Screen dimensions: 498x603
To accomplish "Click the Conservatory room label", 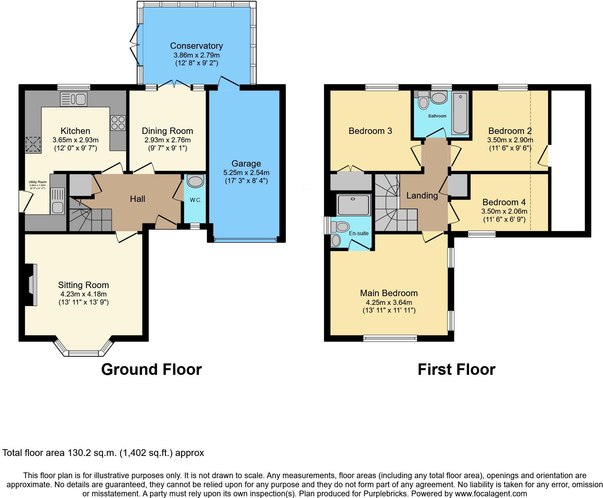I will pos(196,46).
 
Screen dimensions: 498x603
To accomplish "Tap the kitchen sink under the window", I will pos(73,99).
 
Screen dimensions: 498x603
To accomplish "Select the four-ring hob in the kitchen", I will pos(118,123).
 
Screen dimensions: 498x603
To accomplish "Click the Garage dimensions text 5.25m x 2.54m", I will pos(246,173).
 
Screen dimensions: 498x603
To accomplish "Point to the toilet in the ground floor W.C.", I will pos(196,181).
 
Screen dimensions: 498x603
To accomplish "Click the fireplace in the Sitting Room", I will pos(32,285).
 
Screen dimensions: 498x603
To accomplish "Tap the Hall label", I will pos(137,199).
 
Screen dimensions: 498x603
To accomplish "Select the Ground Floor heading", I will pos(151,369).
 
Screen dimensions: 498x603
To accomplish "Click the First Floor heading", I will pos(456,369).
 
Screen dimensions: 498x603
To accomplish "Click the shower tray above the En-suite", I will pos(353,205).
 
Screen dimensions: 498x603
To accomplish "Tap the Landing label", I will pos(422,195).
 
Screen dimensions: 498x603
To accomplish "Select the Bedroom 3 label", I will pos(370,131).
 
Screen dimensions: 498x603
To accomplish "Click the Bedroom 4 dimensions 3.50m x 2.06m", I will pos(504,211).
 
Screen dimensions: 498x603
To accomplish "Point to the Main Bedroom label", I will pos(389,293).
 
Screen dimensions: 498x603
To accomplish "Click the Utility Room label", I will pos(37,182).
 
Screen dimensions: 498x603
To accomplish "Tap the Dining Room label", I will pos(167,131).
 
